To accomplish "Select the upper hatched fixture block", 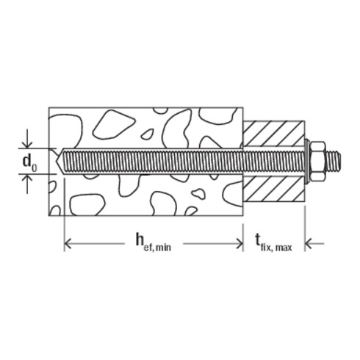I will coord(272,134).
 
